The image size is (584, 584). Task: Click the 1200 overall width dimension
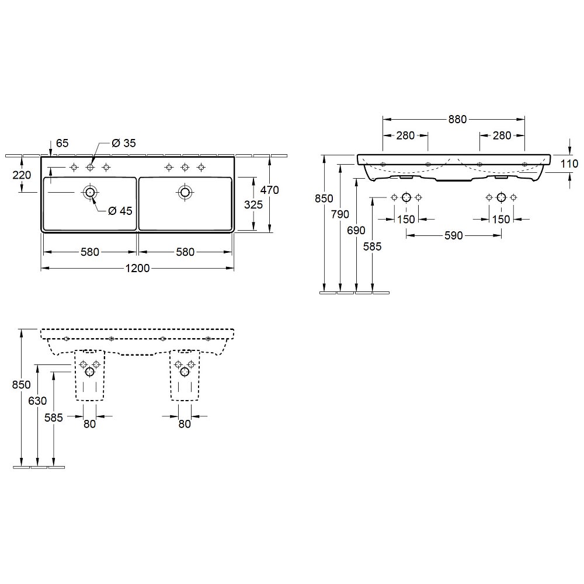137,268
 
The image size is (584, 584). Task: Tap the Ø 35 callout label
124,143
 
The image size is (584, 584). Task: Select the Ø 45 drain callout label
120,211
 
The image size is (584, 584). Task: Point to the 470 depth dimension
270,190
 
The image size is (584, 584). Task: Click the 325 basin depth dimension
253,204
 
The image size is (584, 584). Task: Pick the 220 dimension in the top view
22,175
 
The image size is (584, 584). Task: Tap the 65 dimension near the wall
62,143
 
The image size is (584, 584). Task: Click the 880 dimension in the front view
457,119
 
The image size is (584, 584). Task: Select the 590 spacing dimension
454,235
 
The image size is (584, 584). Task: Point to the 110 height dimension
569,164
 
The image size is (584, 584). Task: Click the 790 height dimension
340,214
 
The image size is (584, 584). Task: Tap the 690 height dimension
356,231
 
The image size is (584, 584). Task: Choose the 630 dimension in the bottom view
37,401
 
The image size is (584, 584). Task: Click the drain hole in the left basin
90,192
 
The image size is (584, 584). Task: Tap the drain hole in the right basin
185,192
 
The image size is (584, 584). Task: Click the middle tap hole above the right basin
185,167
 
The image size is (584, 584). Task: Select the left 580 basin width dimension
90,252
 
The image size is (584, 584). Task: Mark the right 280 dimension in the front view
502,135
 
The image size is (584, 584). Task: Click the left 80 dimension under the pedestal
90,424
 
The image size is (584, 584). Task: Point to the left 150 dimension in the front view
406,220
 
